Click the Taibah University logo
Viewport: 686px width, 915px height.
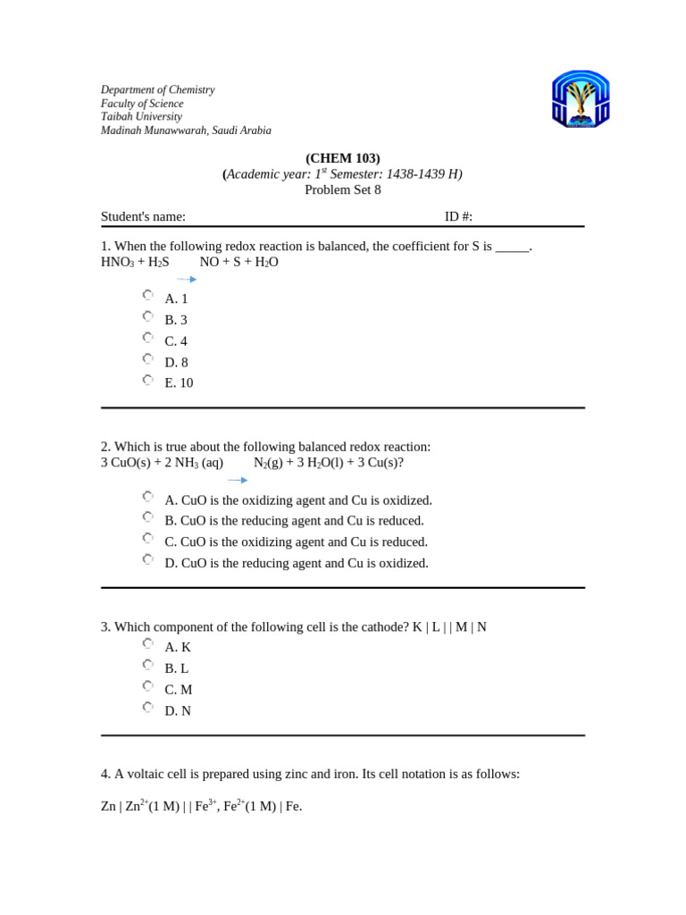click(x=581, y=99)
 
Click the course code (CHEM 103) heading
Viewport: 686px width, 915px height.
click(x=343, y=158)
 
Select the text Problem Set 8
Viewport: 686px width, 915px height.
click(x=343, y=189)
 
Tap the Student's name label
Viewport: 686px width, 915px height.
click(x=143, y=216)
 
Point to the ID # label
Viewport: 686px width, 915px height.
click(x=458, y=216)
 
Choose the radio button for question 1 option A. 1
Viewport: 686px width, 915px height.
click(x=147, y=295)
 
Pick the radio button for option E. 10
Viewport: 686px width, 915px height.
click(x=147, y=380)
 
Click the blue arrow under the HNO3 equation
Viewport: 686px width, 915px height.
click(x=187, y=280)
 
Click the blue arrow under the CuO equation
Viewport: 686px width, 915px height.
click(x=238, y=480)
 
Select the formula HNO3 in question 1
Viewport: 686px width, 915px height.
click(x=117, y=262)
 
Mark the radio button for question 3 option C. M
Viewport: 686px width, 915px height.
click(x=147, y=686)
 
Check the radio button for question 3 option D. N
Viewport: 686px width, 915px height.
click(x=147, y=708)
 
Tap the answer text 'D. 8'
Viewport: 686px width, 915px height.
click(x=176, y=362)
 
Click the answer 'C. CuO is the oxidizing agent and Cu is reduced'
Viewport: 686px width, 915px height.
click(x=296, y=541)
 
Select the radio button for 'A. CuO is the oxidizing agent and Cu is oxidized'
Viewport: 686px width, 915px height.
click(x=147, y=497)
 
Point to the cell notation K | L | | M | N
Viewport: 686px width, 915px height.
click(x=449, y=627)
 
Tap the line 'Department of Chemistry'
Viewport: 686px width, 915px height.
click(x=157, y=90)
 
